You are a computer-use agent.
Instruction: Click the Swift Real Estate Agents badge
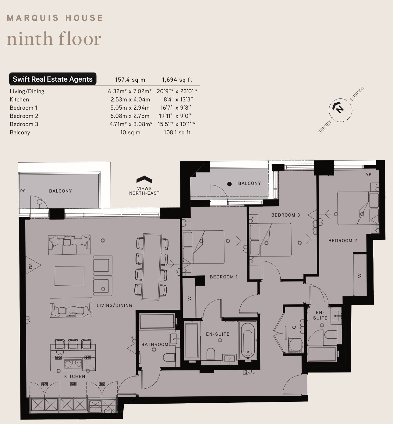click(53, 79)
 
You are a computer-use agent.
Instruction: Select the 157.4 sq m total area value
click(130, 80)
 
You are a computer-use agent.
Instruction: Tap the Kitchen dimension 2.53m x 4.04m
click(130, 100)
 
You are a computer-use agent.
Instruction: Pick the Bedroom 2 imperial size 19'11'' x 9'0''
click(175, 116)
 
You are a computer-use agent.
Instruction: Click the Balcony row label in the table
click(20, 132)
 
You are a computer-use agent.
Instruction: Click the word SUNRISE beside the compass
click(357, 94)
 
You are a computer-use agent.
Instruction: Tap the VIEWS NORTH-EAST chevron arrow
click(144, 179)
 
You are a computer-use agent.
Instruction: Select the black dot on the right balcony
click(229, 184)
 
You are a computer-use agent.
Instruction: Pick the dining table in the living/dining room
click(151, 267)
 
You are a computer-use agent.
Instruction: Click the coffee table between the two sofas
click(69, 276)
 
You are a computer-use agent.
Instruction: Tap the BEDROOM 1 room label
click(224, 277)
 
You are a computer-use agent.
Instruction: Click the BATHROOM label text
click(155, 344)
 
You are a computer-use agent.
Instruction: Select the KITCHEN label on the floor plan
click(75, 376)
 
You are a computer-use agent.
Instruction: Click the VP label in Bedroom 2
click(369, 175)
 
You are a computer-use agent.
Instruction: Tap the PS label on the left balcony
click(23, 191)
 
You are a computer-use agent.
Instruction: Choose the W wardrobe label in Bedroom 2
click(360, 276)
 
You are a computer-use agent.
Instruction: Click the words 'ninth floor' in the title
click(54, 39)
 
